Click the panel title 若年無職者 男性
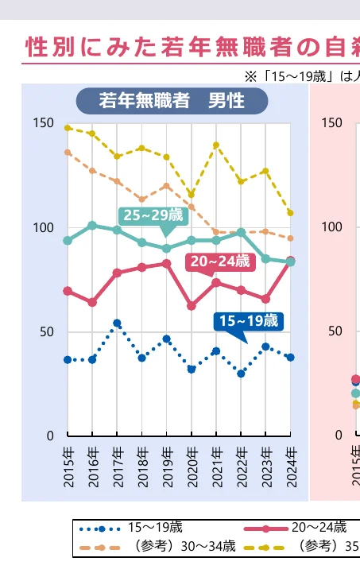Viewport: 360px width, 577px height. tap(172, 101)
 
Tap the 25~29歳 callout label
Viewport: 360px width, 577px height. tap(153, 215)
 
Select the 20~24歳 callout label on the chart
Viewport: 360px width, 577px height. tap(219, 261)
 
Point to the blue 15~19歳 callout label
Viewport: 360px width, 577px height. tap(248, 320)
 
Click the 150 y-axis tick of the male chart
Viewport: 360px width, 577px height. tap(44, 123)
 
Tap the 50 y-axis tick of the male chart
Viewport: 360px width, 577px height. tap(47, 331)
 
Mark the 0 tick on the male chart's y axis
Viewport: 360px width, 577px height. tap(50, 436)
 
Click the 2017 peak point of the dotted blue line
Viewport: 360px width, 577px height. tap(117, 323)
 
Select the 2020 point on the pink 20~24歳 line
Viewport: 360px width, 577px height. tap(192, 306)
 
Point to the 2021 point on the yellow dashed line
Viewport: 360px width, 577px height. tap(216, 145)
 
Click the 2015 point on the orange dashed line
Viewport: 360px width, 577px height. tap(68, 153)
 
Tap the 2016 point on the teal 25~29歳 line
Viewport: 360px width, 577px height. tap(92, 226)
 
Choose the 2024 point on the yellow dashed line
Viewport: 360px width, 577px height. tap(291, 213)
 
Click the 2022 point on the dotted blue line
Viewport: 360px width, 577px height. tap(241, 374)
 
